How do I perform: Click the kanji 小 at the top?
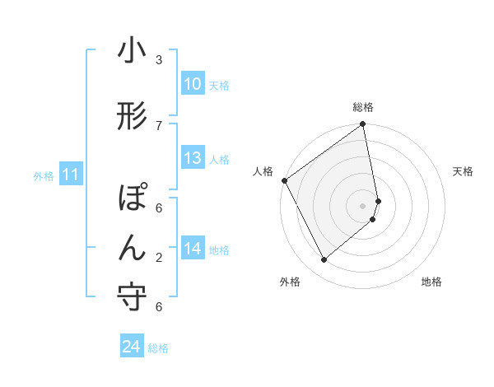tap(132, 52)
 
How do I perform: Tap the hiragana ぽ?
tap(133, 199)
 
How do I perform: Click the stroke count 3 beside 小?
tap(159, 60)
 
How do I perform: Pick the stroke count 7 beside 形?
tap(159, 125)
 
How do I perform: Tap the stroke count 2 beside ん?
tap(159, 258)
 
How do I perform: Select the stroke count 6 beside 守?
tap(159, 307)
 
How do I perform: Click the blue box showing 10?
tap(193, 84)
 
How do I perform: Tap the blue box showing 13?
tap(193, 158)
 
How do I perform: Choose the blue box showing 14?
tap(193, 249)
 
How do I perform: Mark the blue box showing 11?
tap(71, 175)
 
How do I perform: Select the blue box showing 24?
tap(132, 347)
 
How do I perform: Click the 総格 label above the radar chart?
tap(363, 107)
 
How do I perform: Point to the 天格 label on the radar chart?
tap(463, 171)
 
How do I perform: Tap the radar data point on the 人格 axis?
tap(284, 180)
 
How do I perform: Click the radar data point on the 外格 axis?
tap(324, 260)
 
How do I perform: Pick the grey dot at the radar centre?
tap(363, 205)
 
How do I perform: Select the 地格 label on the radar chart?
tap(431, 282)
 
